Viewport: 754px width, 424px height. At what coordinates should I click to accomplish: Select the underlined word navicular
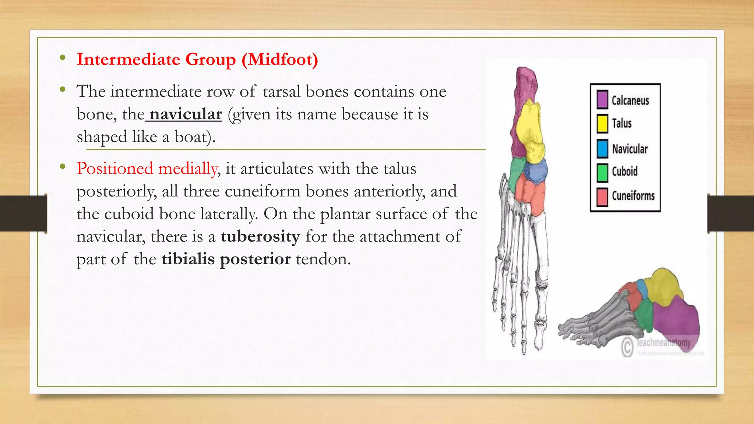[x=186, y=114]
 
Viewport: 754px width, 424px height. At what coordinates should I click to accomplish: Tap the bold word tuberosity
[x=260, y=236]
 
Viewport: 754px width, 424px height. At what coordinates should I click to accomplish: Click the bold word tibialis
[x=188, y=259]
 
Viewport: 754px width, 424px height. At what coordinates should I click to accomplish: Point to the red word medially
[x=188, y=169]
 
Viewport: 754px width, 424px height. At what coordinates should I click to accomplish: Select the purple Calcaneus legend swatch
[x=602, y=100]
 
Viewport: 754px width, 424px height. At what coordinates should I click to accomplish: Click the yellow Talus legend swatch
[x=602, y=124]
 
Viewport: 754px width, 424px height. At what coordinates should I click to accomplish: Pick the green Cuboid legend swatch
[x=602, y=172]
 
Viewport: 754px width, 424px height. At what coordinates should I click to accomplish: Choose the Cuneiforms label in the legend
[x=633, y=196]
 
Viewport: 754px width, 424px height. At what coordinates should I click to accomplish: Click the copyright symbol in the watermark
[x=627, y=347]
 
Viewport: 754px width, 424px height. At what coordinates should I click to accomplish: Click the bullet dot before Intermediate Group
[x=63, y=57]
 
